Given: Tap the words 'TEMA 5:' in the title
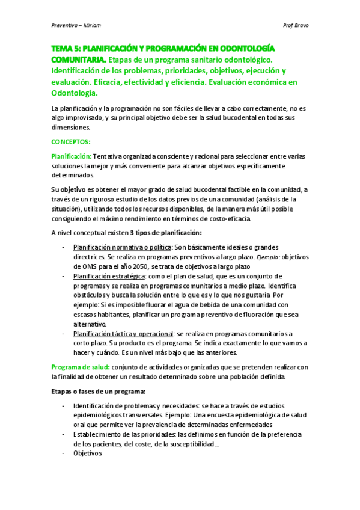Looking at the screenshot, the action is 66,49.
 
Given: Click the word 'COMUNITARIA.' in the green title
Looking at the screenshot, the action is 78,60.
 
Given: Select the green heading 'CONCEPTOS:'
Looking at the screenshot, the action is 71,142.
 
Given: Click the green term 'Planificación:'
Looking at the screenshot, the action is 72,156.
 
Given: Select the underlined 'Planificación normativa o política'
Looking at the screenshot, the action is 122,247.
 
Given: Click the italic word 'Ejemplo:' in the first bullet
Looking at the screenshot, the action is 267,257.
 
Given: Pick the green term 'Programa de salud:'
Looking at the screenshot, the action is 80,367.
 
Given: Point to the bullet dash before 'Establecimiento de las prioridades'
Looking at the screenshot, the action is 64,434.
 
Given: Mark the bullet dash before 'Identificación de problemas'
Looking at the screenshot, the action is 64,405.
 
